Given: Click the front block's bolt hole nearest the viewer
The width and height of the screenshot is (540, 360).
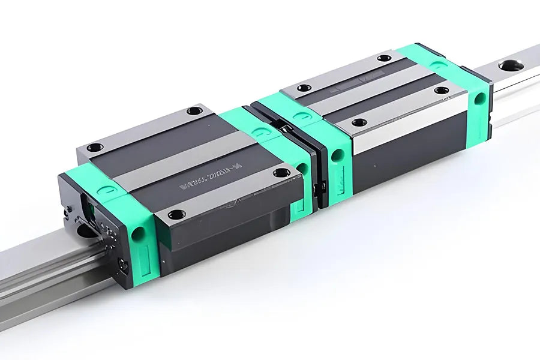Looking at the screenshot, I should click(x=176, y=214).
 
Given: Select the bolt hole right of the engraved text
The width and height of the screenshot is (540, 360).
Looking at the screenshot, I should click(x=281, y=173).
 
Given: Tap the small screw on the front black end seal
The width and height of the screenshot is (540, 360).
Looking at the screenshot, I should click(x=123, y=265).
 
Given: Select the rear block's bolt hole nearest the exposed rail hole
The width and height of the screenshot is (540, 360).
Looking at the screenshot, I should click(x=441, y=91).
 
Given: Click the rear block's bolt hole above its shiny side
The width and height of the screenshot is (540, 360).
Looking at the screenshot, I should click(x=359, y=122).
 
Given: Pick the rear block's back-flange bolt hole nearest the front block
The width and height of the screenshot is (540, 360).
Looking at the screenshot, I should click(x=304, y=88).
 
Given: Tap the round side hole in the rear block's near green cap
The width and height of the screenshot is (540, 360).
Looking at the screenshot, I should click(x=338, y=155).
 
